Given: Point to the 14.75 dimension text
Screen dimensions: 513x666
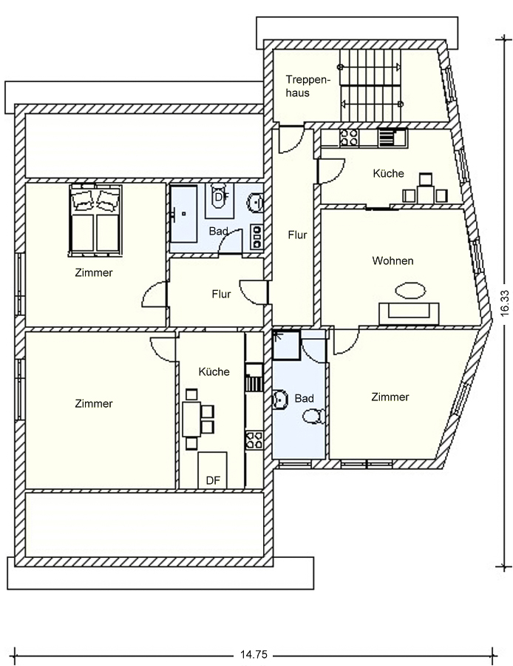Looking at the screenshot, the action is [x=254, y=655].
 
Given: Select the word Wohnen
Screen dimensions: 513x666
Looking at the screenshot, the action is [x=393, y=260].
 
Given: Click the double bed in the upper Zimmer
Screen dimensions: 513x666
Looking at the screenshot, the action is [x=95, y=220].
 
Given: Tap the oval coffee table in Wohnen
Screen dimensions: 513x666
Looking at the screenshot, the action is [x=410, y=291].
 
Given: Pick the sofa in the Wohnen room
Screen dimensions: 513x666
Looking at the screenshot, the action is [x=409, y=314].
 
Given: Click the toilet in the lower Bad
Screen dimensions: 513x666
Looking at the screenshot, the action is [x=314, y=416].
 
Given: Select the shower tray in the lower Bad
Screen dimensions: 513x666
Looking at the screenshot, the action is [x=286, y=344].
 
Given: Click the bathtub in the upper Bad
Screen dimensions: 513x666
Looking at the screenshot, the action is [x=184, y=214].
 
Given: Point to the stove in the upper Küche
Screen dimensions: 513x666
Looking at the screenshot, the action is [x=349, y=138].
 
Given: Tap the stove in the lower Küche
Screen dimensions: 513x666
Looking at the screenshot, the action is [x=254, y=440].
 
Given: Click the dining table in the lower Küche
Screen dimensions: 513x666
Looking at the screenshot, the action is [x=191, y=420].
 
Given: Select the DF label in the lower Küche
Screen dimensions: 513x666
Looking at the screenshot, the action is [x=213, y=480].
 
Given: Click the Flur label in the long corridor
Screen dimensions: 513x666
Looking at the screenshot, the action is [x=297, y=235].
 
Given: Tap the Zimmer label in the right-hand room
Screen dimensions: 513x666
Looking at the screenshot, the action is [x=390, y=397].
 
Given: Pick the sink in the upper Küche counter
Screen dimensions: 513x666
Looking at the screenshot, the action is [x=393, y=138].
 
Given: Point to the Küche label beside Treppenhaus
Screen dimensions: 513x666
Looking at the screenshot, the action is [x=388, y=173].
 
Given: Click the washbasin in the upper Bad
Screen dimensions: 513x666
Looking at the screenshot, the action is [x=255, y=202].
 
